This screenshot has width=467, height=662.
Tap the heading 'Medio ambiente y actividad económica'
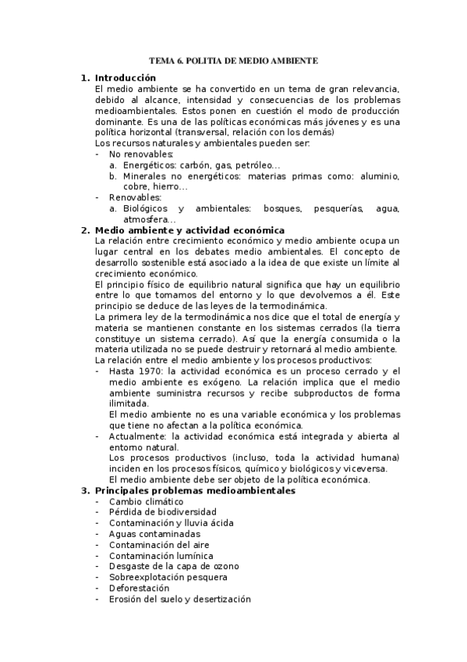189,230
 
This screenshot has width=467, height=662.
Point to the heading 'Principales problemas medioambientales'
194,491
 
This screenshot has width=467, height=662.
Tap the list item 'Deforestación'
140,588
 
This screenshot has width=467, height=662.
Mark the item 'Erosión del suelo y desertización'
180,599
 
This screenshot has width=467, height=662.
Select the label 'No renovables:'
141,155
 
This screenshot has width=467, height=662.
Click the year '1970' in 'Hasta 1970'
150,371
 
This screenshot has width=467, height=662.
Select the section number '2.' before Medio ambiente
86,230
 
